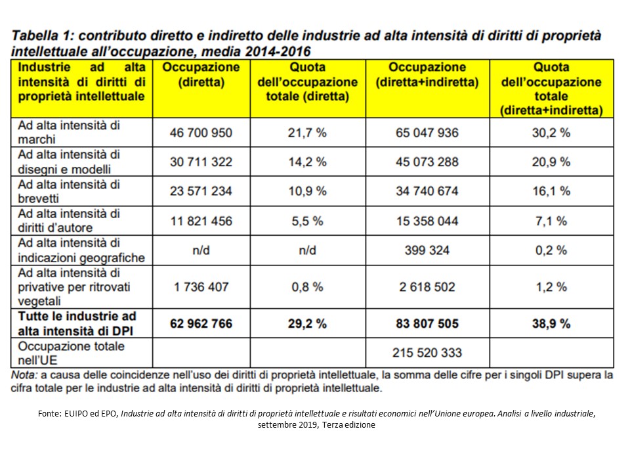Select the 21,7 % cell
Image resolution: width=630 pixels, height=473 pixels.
click(x=308, y=133)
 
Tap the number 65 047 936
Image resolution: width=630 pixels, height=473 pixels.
click(x=427, y=133)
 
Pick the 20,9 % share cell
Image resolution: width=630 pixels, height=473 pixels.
click(x=551, y=162)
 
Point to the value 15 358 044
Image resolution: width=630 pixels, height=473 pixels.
click(x=427, y=221)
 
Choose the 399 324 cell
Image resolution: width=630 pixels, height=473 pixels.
click(x=427, y=250)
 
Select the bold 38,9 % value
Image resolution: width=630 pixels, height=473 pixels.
click(x=551, y=323)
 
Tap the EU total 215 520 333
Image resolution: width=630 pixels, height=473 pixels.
click(x=427, y=353)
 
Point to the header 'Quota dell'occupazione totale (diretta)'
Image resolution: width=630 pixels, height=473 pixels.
click(x=308, y=82)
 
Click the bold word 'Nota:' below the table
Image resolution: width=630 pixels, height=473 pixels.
click(x=27, y=375)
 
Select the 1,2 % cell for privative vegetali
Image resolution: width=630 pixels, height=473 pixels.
click(x=551, y=287)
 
